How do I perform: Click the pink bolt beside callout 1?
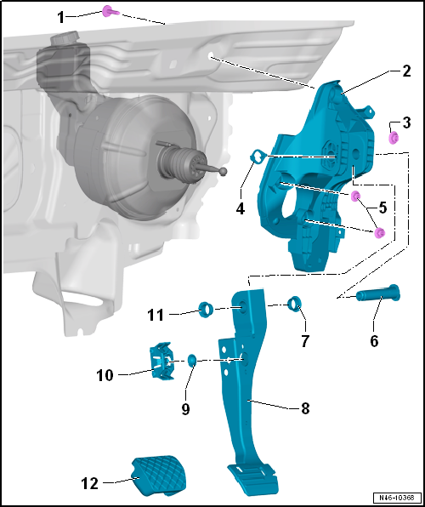click(110, 12)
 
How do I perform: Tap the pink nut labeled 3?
click(394, 138)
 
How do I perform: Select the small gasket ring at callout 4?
click(258, 157)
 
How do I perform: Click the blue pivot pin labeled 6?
click(378, 293)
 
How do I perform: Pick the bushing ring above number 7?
click(295, 303)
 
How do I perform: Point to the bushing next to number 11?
click(205, 310)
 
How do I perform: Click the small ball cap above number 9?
click(191, 360)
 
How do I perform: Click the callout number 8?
click(305, 408)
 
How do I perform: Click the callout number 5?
click(383, 208)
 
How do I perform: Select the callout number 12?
click(89, 484)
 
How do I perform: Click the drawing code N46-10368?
click(398, 498)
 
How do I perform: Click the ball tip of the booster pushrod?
click(223, 171)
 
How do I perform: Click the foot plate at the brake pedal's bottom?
click(253, 476)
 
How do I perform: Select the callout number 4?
click(240, 209)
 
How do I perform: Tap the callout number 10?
click(105, 375)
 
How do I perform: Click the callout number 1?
click(61, 18)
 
